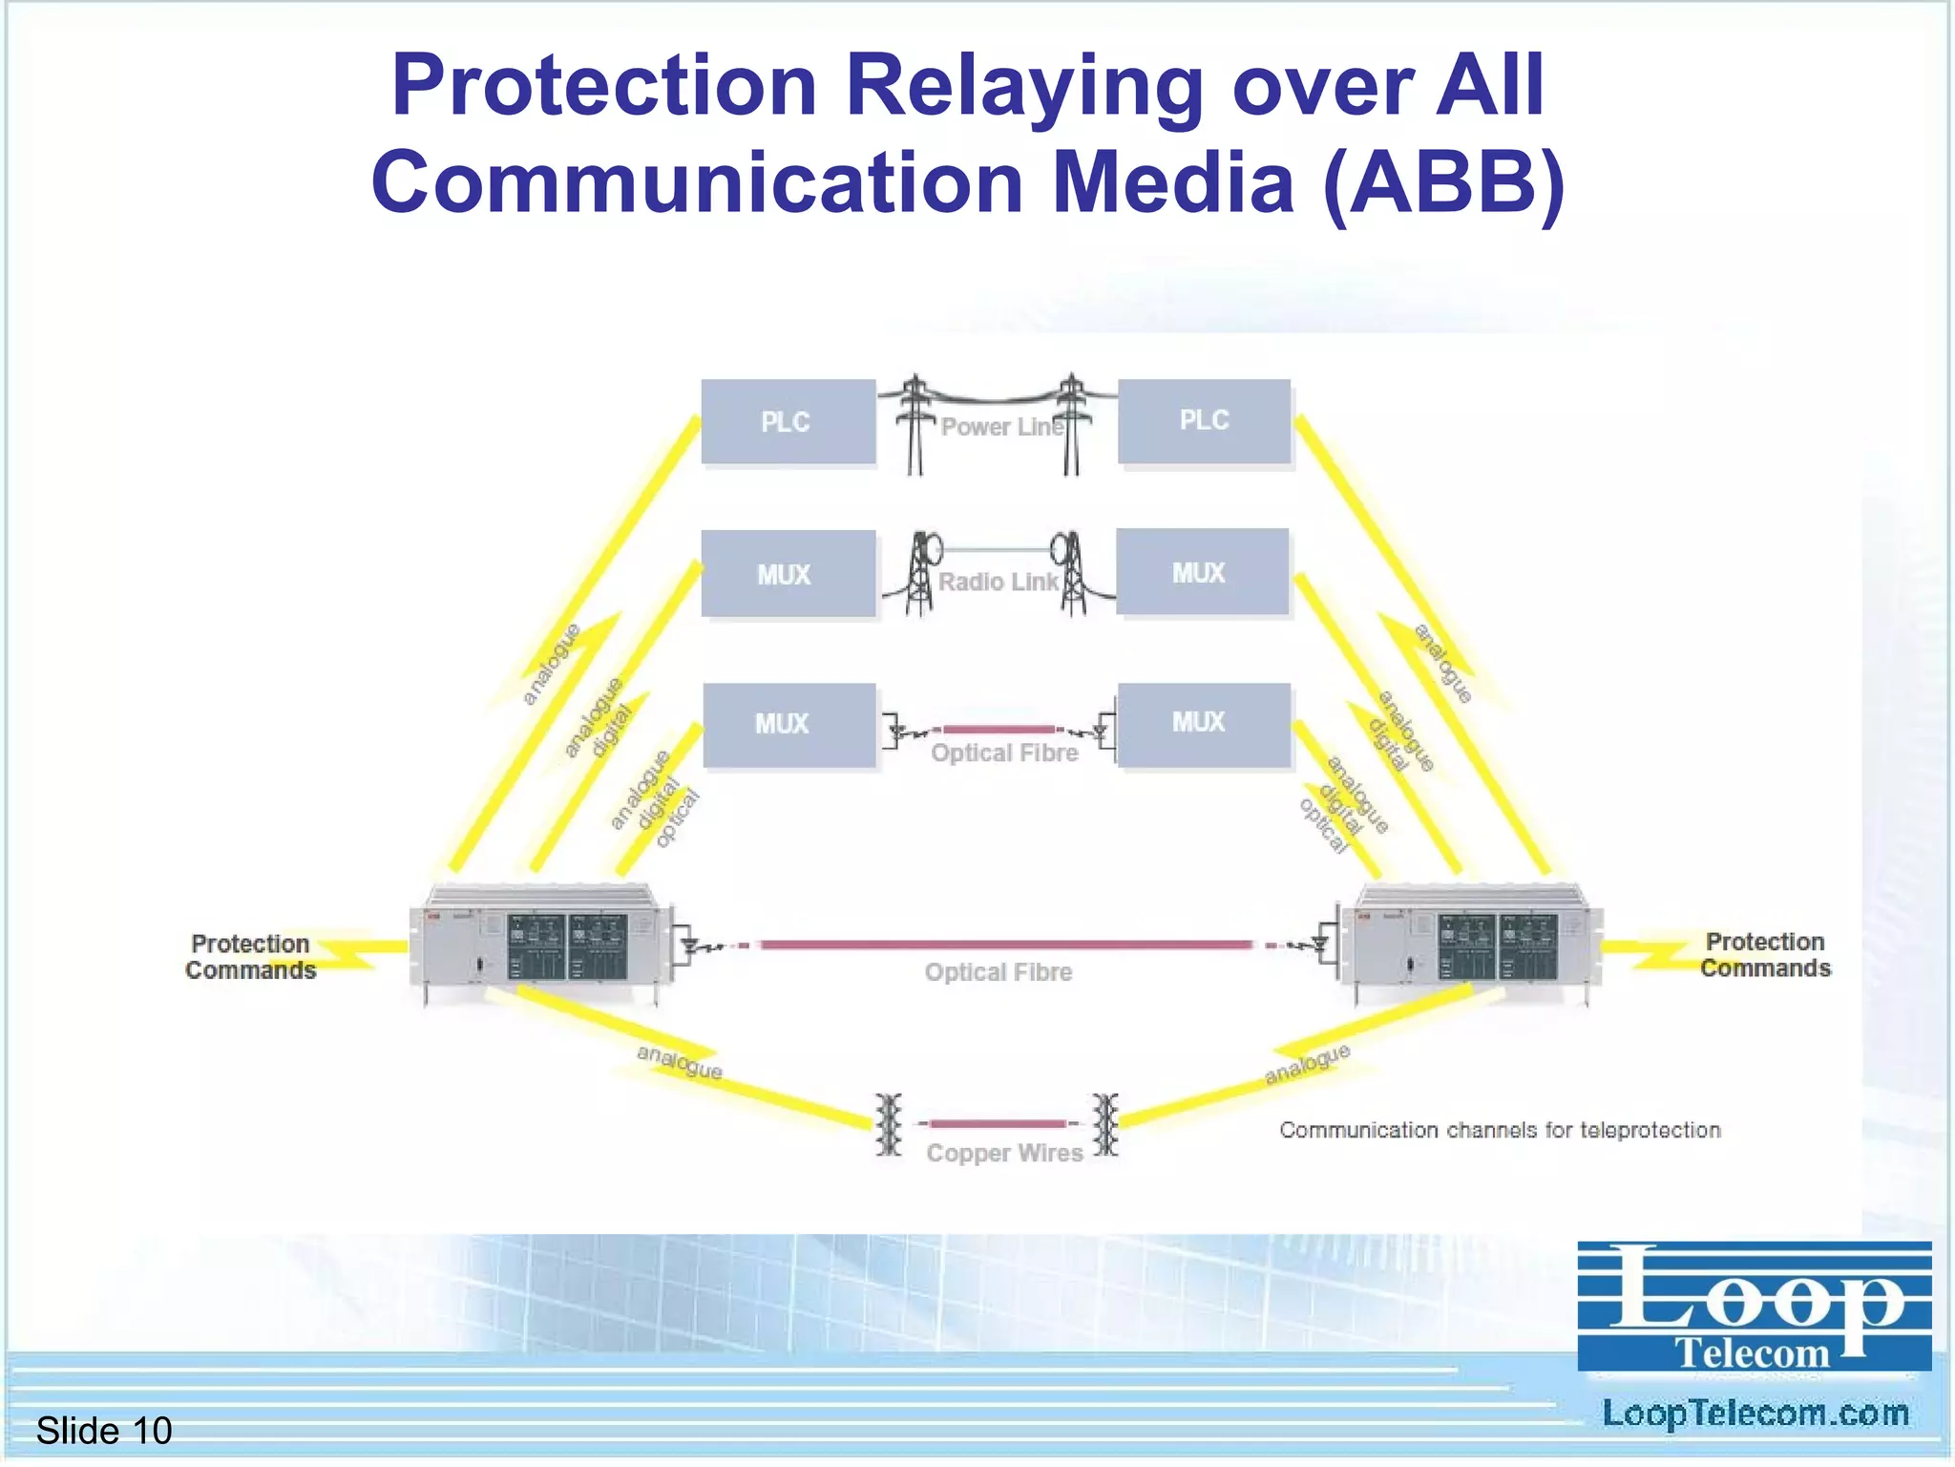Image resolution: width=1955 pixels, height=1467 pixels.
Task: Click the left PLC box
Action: tap(788, 422)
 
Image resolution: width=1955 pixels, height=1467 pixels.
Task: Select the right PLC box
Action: tap(1204, 421)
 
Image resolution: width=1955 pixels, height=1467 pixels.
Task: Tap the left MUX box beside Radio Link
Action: tap(788, 574)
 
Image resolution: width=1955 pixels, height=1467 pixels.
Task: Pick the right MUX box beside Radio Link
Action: tap(1202, 572)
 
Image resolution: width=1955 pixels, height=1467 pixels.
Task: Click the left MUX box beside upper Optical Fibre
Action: tap(788, 724)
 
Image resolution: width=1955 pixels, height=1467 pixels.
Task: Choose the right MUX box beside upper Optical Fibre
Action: tap(1203, 723)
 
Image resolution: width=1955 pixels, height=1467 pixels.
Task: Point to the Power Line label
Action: tap(1000, 427)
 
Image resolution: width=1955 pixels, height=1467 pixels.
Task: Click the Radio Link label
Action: tap(998, 582)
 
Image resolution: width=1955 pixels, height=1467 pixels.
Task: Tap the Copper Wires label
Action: tap(1004, 1153)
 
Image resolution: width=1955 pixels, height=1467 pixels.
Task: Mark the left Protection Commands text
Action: tap(250, 957)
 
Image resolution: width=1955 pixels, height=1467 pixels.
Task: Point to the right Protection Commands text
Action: tap(1765, 955)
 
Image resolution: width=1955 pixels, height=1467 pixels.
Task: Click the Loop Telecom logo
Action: tap(1754, 1307)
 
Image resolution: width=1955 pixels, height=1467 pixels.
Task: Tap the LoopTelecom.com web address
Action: tap(1755, 1414)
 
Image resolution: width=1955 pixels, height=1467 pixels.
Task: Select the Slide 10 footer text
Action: tap(103, 1431)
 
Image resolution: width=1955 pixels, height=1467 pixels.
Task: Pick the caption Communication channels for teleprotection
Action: tap(1500, 1130)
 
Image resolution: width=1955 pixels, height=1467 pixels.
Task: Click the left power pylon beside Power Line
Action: tap(914, 423)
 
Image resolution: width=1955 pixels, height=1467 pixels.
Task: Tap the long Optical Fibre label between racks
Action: tap(998, 972)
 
